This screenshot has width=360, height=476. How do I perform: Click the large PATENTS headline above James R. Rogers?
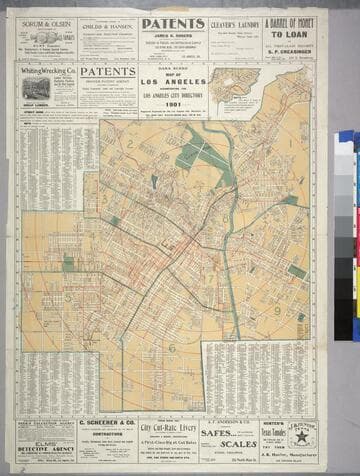(x=173, y=24)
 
